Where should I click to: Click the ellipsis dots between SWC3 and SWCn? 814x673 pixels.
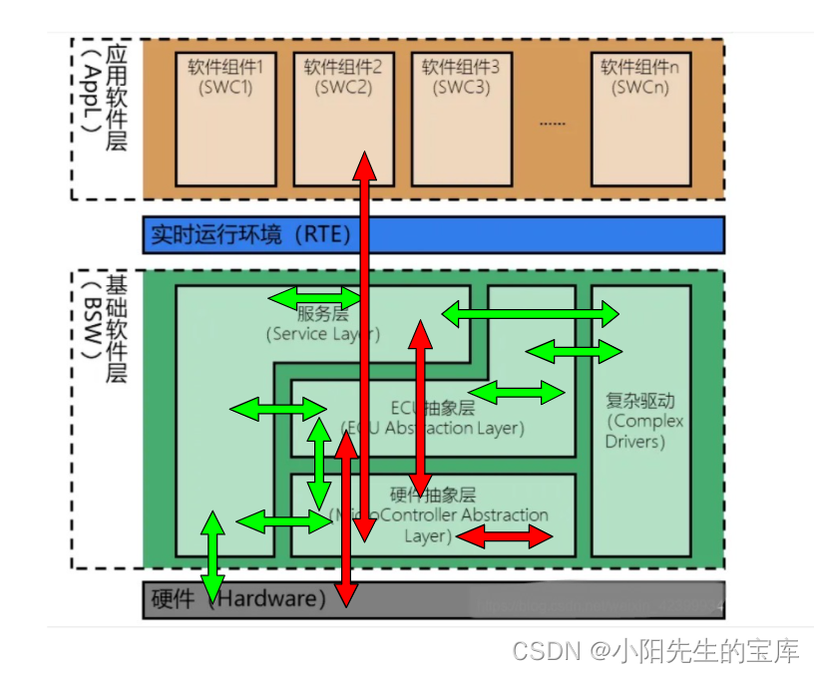click(552, 124)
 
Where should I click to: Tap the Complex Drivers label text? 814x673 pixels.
click(641, 421)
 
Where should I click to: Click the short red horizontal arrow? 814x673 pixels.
click(504, 537)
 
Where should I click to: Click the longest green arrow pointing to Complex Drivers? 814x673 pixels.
click(530, 315)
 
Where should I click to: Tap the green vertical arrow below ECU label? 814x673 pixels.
click(319, 463)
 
